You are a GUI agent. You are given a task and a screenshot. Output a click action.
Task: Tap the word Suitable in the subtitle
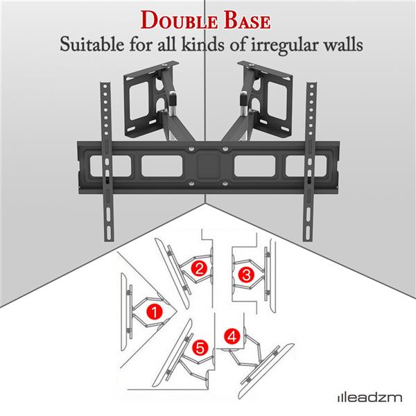(89, 48)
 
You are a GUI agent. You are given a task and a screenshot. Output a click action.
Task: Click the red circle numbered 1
(156, 312)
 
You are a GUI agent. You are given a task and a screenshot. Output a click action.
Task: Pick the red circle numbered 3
(245, 275)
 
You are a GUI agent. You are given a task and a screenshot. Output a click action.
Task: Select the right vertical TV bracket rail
(309, 159)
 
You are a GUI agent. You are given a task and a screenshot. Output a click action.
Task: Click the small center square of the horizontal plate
(207, 166)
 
